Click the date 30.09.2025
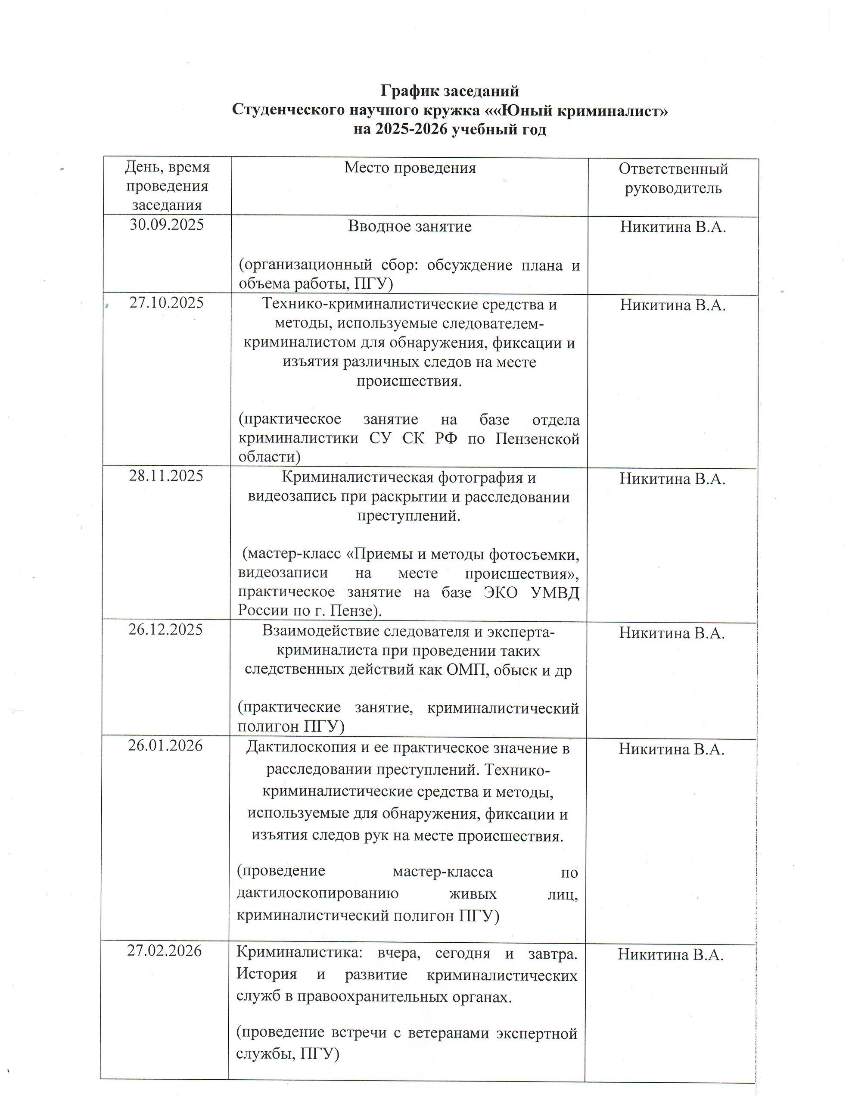click(x=167, y=224)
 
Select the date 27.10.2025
click(x=167, y=302)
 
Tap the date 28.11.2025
click(x=166, y=476)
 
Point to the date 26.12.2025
click(x=166, y=630)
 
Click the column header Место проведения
click(x=410, y=168)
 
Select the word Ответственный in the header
click(x=673, y=169)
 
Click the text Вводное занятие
click(x=410, y=226)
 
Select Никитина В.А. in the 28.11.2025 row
click(x=672, y=478)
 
